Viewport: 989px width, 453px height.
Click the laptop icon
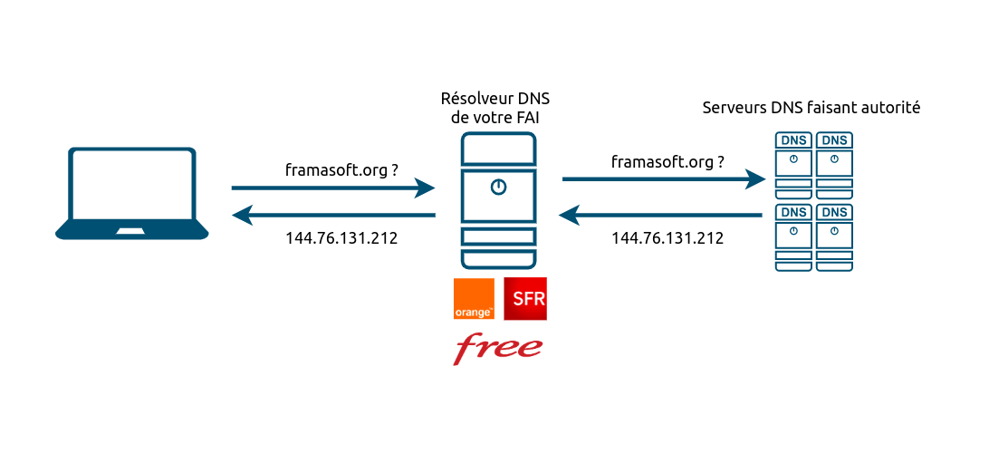132,193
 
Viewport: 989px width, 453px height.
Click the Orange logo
474,299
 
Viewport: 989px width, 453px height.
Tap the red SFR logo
526,299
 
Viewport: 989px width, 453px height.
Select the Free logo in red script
498,347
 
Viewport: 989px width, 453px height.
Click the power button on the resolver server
497,188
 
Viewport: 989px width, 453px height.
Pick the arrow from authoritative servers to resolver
661,216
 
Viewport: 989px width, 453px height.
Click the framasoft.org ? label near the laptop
341,169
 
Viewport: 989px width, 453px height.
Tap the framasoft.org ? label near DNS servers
667,162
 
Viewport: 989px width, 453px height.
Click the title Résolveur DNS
495,98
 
